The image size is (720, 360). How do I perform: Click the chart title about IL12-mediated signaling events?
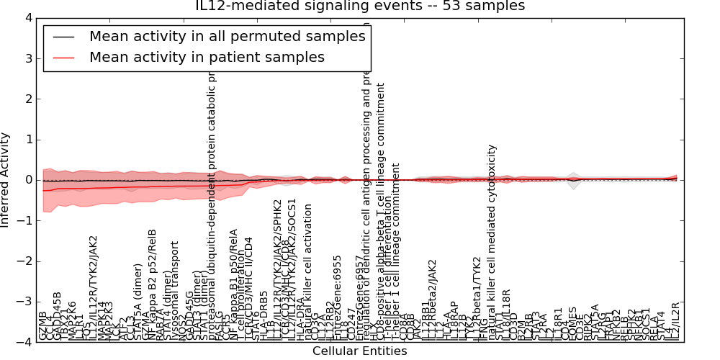(360, 6)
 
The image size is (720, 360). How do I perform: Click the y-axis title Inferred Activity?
(6, 180)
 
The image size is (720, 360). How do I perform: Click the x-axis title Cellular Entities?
(359, 351)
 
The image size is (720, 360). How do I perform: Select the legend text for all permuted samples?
(227, 36)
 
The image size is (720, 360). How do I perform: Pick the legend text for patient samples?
(207, 57)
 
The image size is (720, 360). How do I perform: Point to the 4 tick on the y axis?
(28, 17)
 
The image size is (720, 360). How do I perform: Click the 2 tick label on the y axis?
(28, 99)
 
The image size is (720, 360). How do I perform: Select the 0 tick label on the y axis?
(28, 180)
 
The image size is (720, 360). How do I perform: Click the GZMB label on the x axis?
(43, 325)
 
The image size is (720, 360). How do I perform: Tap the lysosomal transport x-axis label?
(175, 298)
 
